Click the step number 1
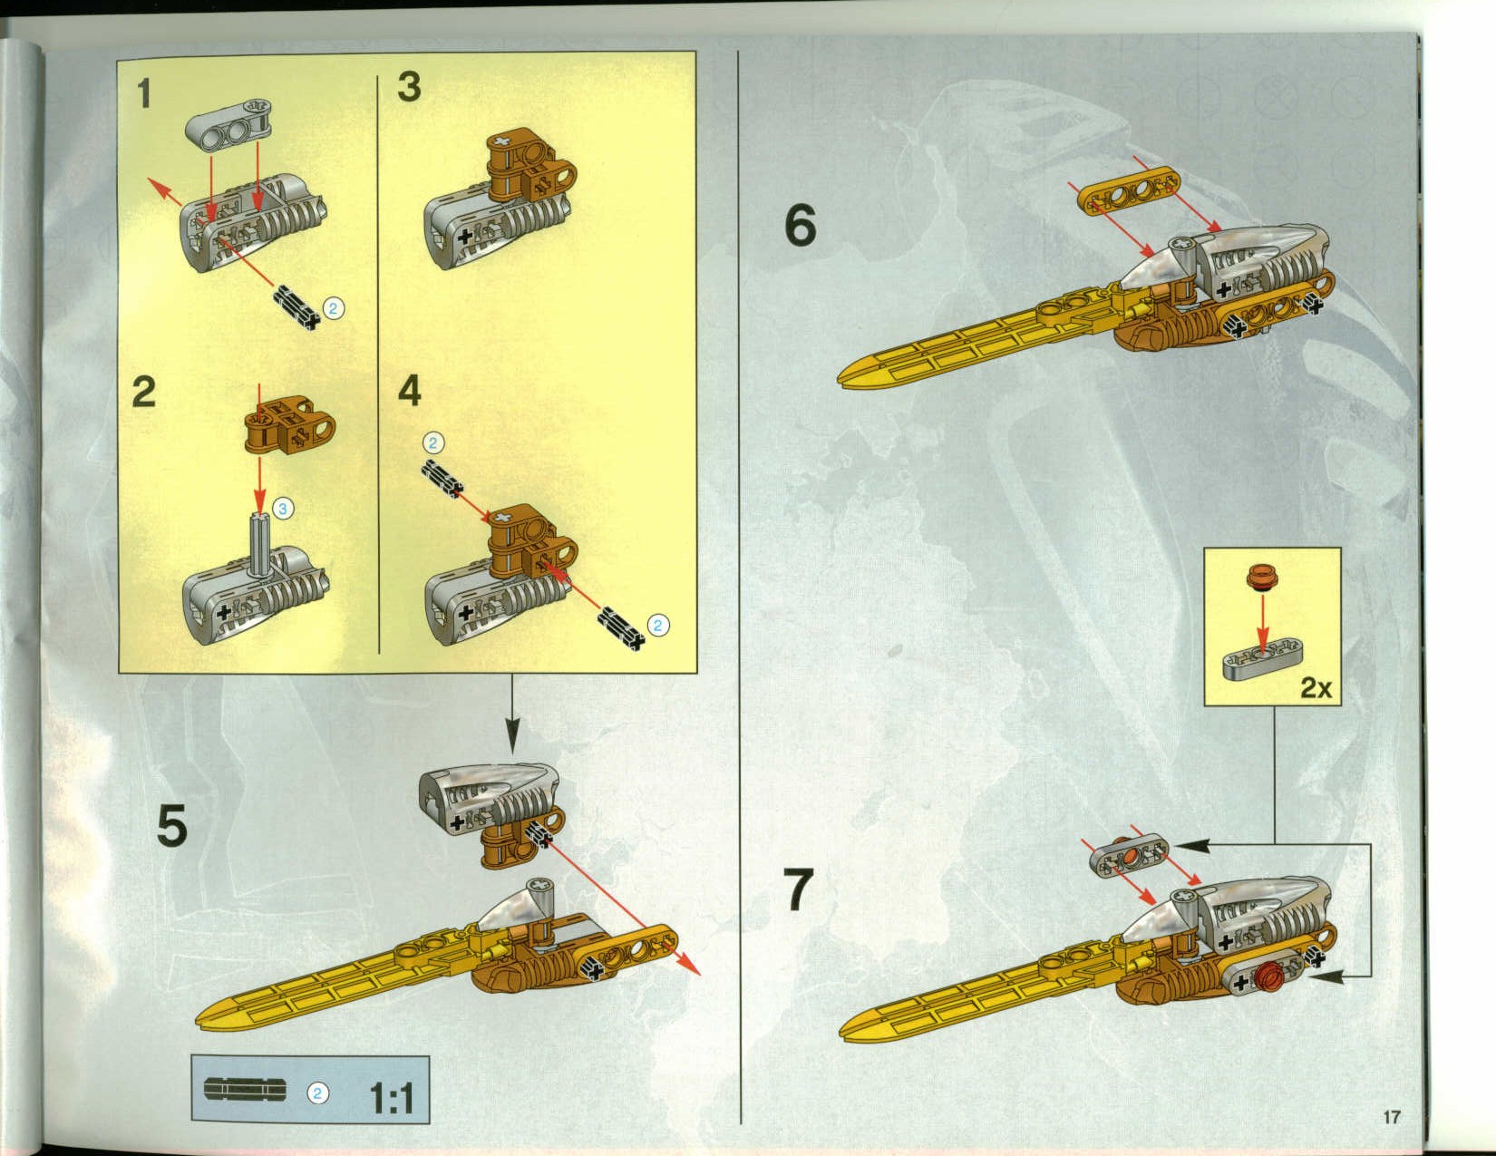144,93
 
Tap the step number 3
409,88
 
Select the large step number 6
800,226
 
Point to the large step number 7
798,890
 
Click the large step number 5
172,826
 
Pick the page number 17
1392,1116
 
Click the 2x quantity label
1316,688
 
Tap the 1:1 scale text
391,1099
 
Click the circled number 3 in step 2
282,509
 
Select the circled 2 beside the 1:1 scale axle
317,1093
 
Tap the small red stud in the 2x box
1257,577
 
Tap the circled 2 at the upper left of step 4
434,442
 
